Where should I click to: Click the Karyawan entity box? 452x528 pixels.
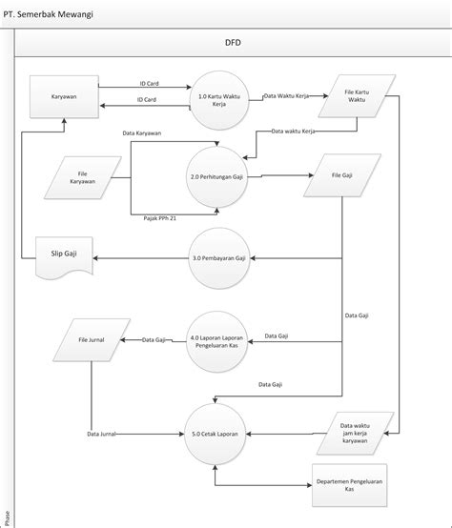(x=65, y=96)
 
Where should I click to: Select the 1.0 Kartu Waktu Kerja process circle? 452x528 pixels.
(x=218, y=98)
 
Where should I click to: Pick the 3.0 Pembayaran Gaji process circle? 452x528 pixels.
(x=218, y=258)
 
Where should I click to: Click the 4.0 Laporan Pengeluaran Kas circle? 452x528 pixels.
(x=218, y=340)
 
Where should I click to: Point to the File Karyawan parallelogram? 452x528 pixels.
(x=83, y=176)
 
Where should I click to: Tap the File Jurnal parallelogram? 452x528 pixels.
(x=92, y=339)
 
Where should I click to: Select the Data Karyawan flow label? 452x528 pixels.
(x=141, y=132)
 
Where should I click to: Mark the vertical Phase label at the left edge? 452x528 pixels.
(x=8, y=518)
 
